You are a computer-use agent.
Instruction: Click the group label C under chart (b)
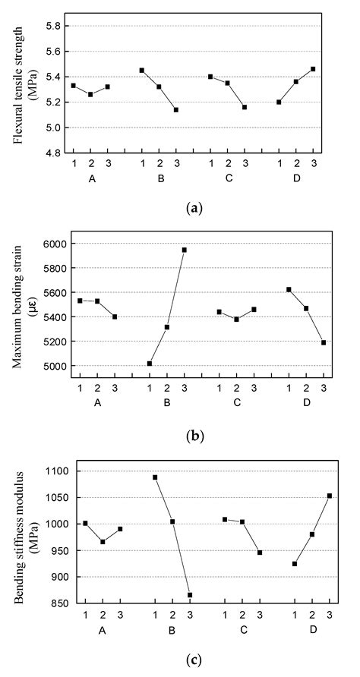237,401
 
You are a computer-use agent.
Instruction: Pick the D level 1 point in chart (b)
289,289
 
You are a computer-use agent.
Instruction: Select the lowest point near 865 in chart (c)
190,595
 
